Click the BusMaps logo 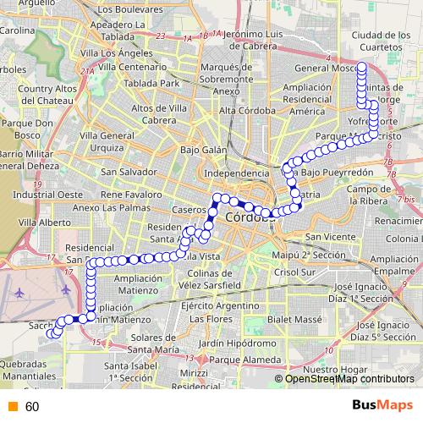tap(382, 405)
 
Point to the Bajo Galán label tap(203, 150)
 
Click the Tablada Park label tap(151, 84)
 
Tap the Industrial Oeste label tap(42, 194)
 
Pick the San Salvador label tap(127, 172)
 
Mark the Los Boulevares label tap(129, 10)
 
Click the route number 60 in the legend tap(32, 407)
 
